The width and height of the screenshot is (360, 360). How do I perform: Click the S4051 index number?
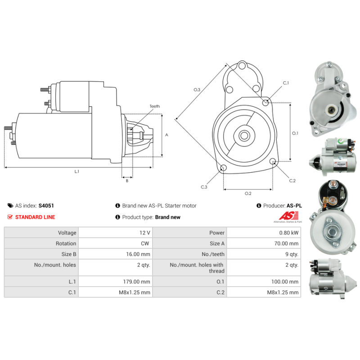click(x=46, y=206)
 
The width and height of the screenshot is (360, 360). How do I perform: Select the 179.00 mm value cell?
click(x=139, y=282)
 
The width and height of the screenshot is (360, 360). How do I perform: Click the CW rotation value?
click(x=145, y=244)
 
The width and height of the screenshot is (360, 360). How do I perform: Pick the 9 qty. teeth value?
click(x=292, y=254)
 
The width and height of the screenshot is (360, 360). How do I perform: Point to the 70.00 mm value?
click(x=287, y=244)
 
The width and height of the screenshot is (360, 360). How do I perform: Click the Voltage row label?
click(x=67, y=233)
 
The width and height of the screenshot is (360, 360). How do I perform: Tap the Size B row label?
click(x=68, y=254)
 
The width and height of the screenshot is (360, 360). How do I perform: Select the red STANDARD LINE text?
click(x=35, y=217)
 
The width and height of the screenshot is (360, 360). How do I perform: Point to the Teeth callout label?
click(x=154, y=107)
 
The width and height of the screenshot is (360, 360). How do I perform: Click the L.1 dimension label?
click(x=77, y=171)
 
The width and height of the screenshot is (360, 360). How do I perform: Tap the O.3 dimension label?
click(x=197, y=90)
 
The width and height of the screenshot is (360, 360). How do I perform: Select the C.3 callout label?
click(x=204, y=187)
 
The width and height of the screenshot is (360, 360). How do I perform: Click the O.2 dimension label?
click(x=247, y=193)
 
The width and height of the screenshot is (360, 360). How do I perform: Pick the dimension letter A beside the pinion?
click(x=166, y=135)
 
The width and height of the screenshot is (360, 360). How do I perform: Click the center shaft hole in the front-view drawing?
click(x=244, y=135)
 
